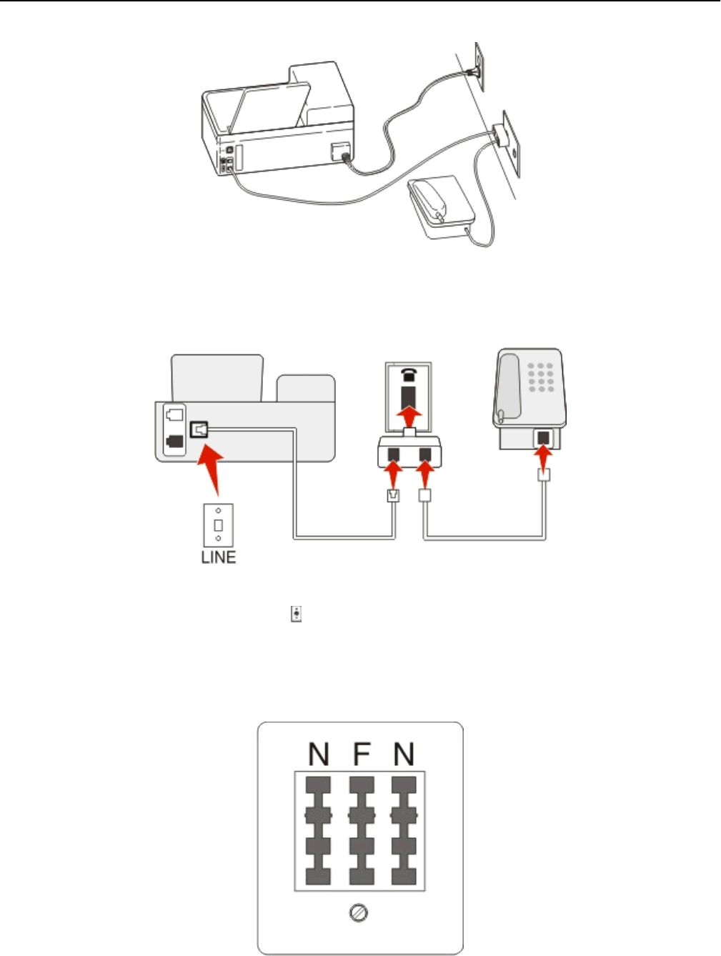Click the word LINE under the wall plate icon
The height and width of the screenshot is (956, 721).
click(x=218, y=557)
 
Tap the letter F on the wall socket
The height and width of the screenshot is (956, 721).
click(x=362, y=754)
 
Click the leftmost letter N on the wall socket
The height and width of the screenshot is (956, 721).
click(x=319, y=754)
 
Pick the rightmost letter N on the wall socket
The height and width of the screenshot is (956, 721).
click(x=404, y=754)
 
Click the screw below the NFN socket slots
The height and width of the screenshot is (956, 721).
click(x=361, y=913)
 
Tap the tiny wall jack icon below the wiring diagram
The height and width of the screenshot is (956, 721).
click(x=296, y=614)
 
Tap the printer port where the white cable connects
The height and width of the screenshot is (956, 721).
click(x=198, y=429)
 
